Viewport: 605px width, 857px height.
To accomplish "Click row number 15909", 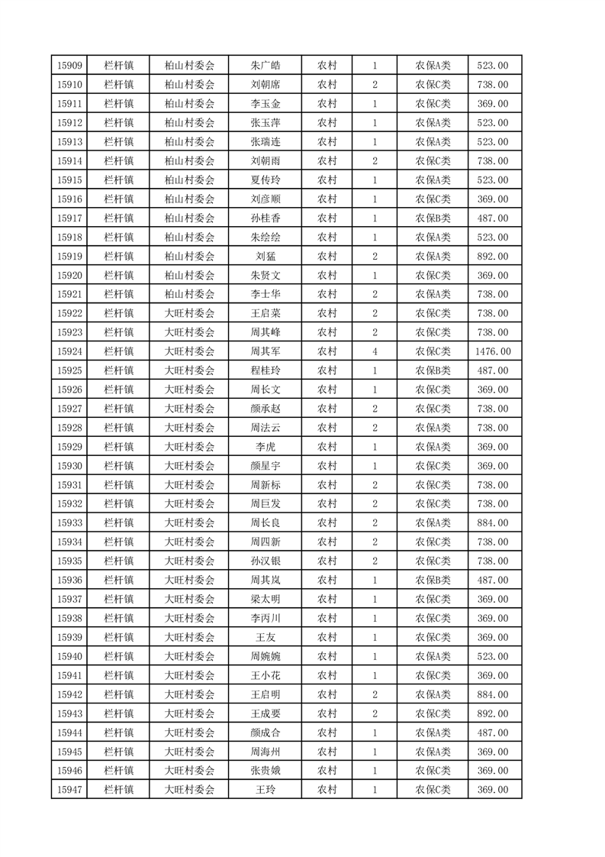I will (x=69, y=66).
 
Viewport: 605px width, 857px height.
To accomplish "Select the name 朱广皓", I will (x=265, y=66).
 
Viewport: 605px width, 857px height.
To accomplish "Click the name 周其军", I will (x=265, y=351).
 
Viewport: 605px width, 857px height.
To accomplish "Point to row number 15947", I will (x=69, y=790).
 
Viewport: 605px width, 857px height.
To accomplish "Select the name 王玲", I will (x=265, y=790).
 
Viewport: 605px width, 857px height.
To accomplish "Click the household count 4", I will (x=375, y=351).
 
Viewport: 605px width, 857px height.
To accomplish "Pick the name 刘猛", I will (x=265, y=257).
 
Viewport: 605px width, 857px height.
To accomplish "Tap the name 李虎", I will (x=265, y=447).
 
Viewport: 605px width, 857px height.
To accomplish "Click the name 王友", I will (x=265, y=637).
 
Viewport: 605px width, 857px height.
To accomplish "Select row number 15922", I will (x=69, y=313).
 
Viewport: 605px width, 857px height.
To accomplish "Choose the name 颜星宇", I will (x=265, y=466).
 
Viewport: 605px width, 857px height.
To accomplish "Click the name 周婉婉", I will (x=265, y=656).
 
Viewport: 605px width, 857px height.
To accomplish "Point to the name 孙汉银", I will (x=265, y=561).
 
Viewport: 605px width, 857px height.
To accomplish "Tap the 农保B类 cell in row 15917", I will (x=433, y=218).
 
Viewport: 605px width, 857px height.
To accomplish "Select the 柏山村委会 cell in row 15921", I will (x=190, y=294).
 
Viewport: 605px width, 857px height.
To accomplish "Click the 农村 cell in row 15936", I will (x=327, y=580).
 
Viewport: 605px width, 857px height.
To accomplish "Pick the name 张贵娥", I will (x=265, y=771).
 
